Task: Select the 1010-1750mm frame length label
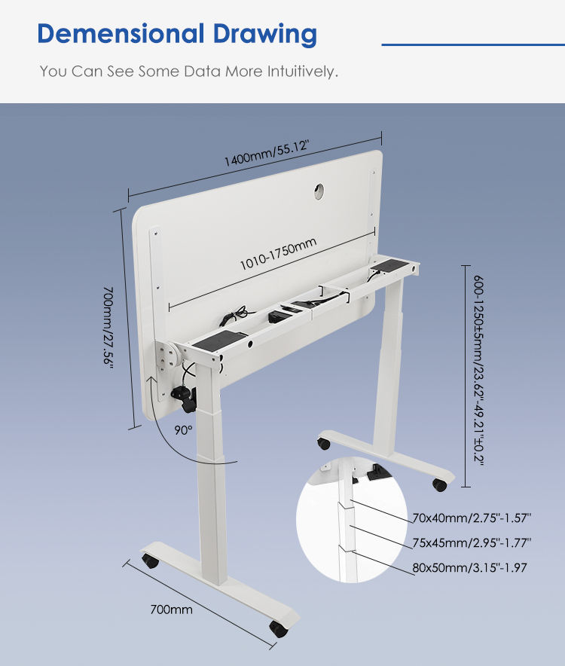coord(277,253)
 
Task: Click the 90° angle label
coord(183,430)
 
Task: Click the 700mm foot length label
coord(170,609)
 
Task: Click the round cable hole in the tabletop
coord(319,192)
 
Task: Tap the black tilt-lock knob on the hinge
coord(184,396)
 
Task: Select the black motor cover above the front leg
coord(218,341)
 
